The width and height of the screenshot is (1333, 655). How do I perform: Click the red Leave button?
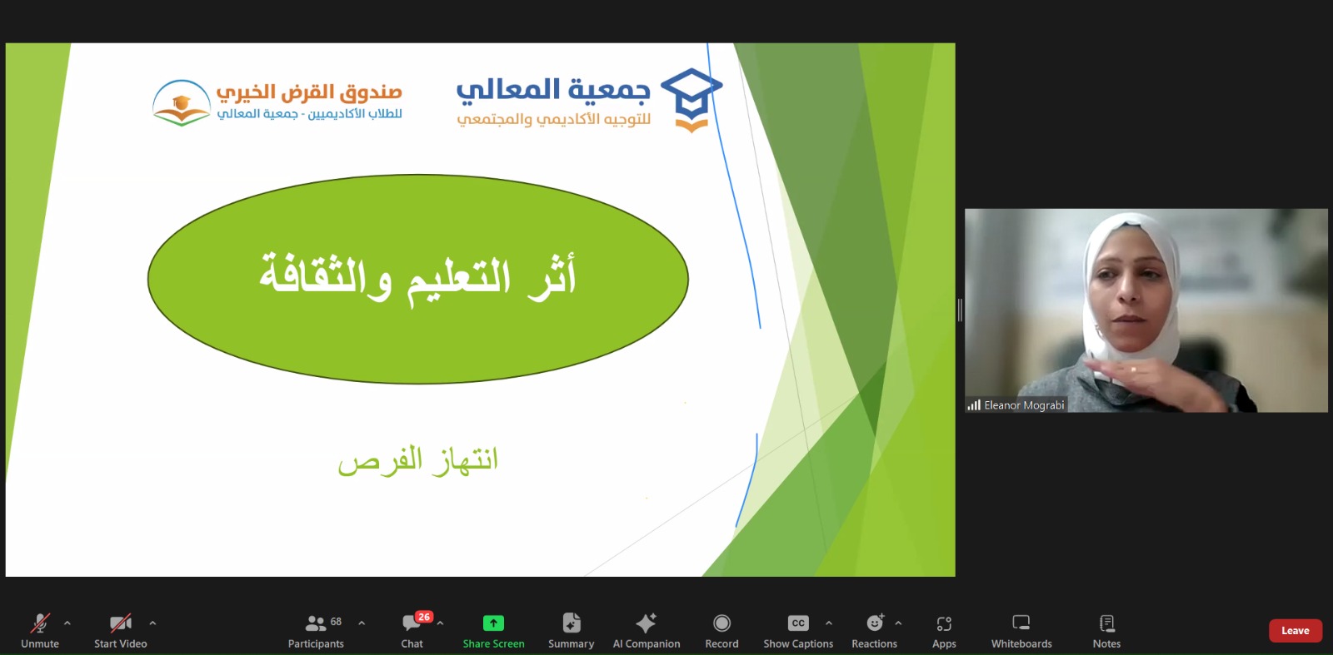(x=1295, y=631)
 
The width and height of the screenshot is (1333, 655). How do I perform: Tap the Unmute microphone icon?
(x=40, y=623)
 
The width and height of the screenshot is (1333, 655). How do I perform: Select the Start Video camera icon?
(x=120, y=623)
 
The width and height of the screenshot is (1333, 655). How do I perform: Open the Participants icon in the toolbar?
(x=315, y=623)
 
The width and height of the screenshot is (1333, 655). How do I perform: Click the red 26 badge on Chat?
(x=424, y=617)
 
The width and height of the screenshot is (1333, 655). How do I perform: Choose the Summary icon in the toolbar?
(x=572, y=623)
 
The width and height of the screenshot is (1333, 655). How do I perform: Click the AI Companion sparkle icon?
(x=646, y=623)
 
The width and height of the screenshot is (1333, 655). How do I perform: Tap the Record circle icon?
(x=721, y=623)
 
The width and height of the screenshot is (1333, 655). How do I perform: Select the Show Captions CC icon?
(x=798, y=623)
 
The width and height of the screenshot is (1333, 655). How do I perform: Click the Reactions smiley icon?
(x=875, y=623)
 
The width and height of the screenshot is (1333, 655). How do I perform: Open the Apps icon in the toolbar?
(x=944, y=623)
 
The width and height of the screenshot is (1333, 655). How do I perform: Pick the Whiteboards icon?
(x=1021, y=623)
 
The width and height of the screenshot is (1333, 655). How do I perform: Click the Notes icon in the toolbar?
(x=1106, y=623)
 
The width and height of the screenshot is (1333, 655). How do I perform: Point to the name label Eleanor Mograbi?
(x=1024, y=405)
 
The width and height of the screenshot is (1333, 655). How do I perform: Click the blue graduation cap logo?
(x=691, y=99)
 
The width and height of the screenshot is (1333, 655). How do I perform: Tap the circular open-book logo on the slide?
(x=182, y=103)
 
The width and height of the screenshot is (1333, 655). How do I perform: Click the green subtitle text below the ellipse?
(x=417, y=460)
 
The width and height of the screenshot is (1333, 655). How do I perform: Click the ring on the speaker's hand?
(x=1134, y=370)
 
